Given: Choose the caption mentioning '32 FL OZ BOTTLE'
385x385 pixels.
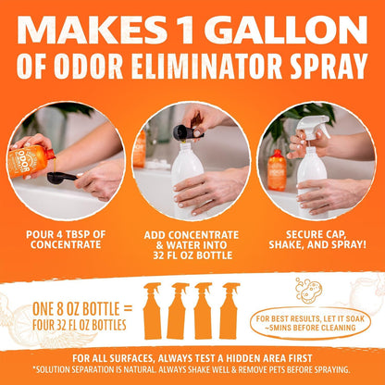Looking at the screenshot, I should pos(192,242).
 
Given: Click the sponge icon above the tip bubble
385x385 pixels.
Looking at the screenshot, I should pos(306,289).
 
